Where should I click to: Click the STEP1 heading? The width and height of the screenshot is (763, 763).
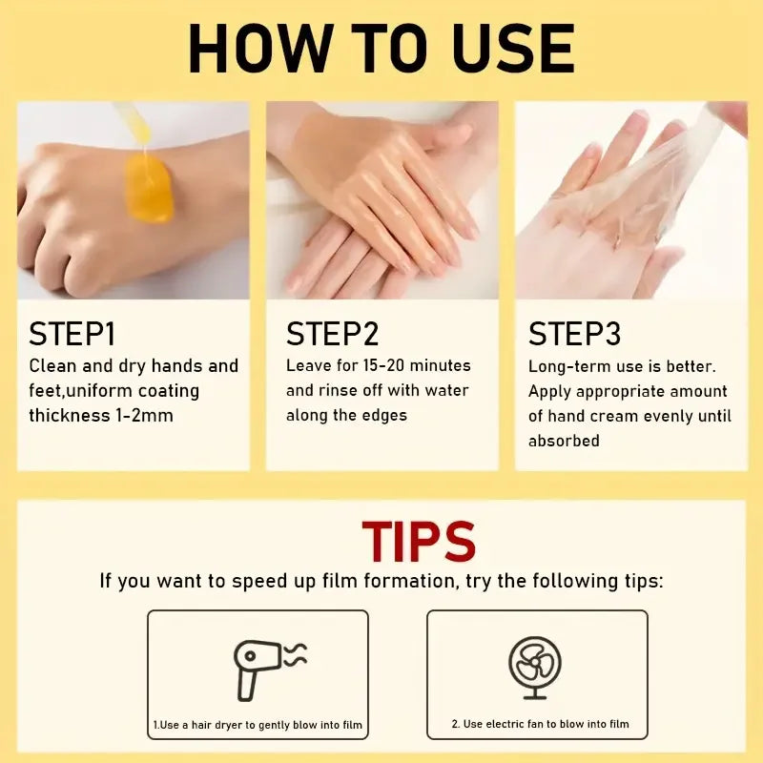tap(72, 334)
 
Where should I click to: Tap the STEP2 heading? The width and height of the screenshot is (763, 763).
tap(332, 334)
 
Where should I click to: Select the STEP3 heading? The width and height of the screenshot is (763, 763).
tap(575, 334)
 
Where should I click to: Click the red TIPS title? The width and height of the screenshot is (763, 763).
tap(419, 542)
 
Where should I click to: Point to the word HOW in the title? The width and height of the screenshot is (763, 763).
tap(261, 49)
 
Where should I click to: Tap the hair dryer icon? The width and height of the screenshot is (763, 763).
tap(270, 670)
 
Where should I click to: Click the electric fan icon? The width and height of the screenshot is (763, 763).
tap(535, 668)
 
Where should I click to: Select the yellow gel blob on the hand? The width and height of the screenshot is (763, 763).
tap(149, 188)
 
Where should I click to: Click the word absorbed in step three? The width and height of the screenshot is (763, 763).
tap(564, 441)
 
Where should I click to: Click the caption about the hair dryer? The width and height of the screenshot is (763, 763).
tap(258, 725)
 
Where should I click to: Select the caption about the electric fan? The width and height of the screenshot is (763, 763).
tap(540, 724)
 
